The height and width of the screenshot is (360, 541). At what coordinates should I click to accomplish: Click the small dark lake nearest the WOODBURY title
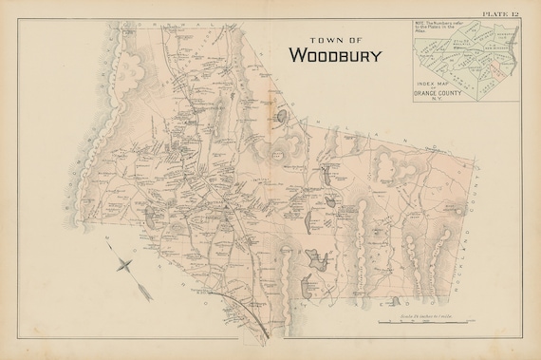[x=282, y=116]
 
